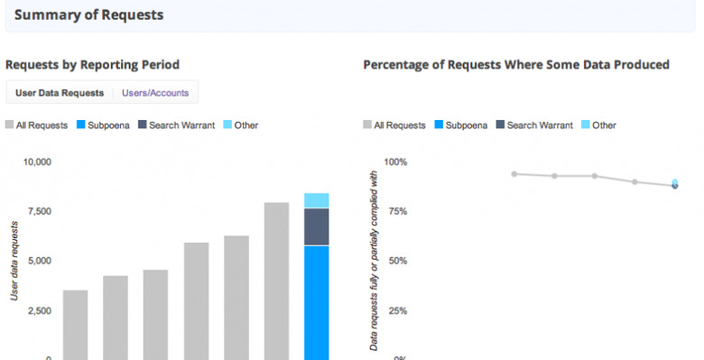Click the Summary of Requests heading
[88, 15]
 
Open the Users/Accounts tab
[155, 92]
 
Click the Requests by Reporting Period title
[93, 65]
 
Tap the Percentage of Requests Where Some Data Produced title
[515, 65]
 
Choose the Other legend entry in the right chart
[599, 125]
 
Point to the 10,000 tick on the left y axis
[37, 162]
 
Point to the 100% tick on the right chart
[396, 162]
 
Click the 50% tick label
[398, 261]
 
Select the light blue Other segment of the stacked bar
[316, 200]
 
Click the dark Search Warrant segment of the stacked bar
[316, 226]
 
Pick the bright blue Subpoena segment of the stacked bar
[316, 302]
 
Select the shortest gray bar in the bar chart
[75, 325]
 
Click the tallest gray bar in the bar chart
[276, 281]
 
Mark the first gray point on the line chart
[514, 174]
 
